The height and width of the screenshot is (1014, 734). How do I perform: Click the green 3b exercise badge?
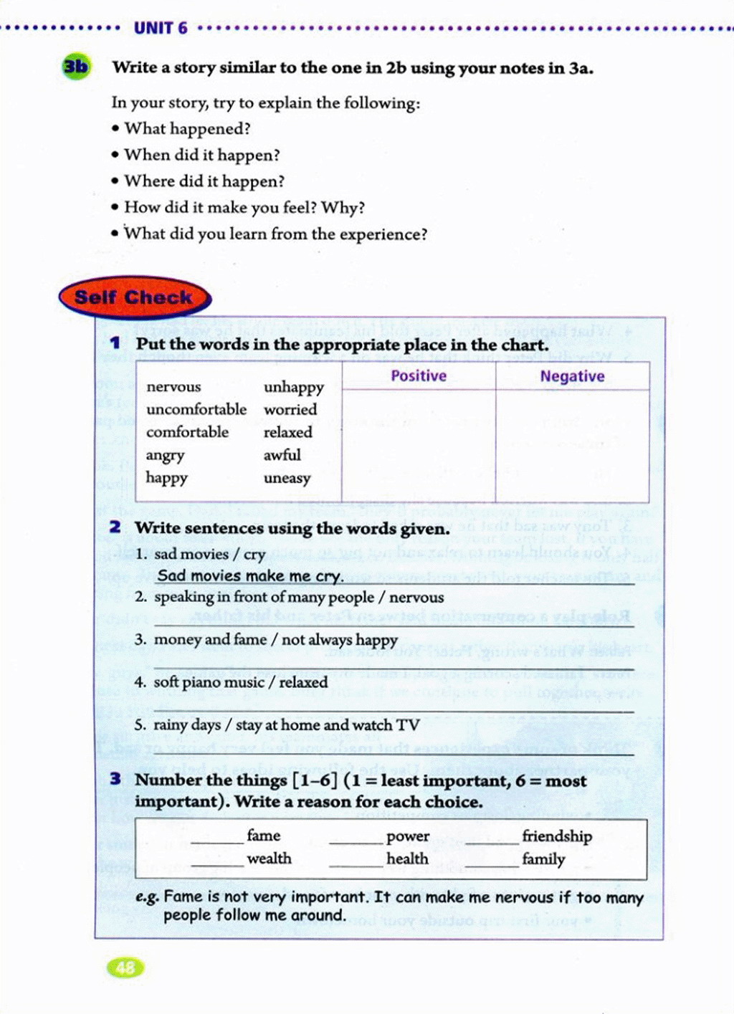tap(76, 67)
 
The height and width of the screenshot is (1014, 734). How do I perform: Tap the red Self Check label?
tap(134, 297)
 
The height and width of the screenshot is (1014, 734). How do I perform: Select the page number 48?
tap(125, 967)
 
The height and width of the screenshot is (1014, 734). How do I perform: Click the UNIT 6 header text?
tap(161, 28)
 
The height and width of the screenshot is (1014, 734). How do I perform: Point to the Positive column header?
tap(419, 376)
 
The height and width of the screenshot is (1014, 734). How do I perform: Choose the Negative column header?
tap(572, 377)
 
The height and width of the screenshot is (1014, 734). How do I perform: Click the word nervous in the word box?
tap(173, 387)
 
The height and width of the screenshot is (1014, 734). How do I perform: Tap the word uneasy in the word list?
tap(287, 478)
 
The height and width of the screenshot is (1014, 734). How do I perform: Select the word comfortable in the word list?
tap(187, 432)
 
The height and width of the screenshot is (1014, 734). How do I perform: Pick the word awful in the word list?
tap(282, 455)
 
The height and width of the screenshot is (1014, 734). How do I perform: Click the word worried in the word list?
tap(290, 410)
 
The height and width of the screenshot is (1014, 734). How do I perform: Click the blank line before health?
tap(356, 866)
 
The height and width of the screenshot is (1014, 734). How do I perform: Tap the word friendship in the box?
tap(557, 836)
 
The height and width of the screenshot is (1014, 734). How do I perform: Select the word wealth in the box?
tap(269, 858)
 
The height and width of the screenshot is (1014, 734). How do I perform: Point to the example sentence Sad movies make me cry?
tap(250, 576)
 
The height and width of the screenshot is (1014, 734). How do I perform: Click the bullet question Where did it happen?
tap(204, 181)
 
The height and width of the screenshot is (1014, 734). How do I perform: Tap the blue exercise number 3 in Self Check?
tap(115, 779)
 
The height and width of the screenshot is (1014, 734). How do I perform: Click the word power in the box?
tap(408, 836)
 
